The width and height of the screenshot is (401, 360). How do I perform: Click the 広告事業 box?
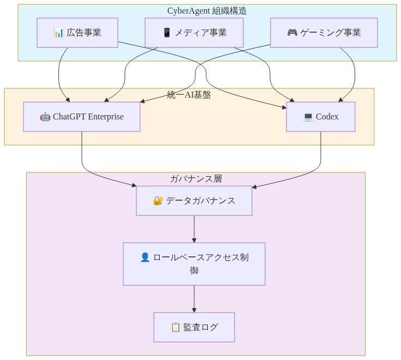pos(77,33)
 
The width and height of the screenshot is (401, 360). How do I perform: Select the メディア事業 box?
pos(194,33)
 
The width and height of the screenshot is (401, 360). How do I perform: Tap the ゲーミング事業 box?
pos(324,33)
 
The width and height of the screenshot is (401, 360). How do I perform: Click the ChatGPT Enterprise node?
pos(82,117)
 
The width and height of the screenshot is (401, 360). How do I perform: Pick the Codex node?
pos(321,117)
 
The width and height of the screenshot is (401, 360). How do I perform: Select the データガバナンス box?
pos(194,201)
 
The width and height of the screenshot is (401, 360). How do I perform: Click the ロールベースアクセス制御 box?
pos(194,264)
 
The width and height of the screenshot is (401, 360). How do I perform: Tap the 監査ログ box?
pos(194,327)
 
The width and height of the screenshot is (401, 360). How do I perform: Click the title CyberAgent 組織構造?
pos(207,11)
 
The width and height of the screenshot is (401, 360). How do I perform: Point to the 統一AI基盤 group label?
pos(189,95)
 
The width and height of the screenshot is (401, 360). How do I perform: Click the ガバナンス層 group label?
pos(196,179)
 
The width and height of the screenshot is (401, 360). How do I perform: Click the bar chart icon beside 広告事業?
pos(59,33)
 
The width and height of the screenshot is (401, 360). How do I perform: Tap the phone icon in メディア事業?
pos(167,33)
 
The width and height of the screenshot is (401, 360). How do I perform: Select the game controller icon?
pos(292,33)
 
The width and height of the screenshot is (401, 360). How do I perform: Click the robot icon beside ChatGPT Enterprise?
pos(45,117)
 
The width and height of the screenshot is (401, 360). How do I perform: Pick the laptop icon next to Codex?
pos(308,117)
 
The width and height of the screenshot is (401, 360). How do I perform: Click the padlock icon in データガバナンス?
pos(158,201)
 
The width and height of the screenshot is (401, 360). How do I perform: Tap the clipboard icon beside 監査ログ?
pos(176,327)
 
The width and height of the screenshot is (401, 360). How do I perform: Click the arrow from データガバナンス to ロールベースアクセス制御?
pos(194,229)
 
